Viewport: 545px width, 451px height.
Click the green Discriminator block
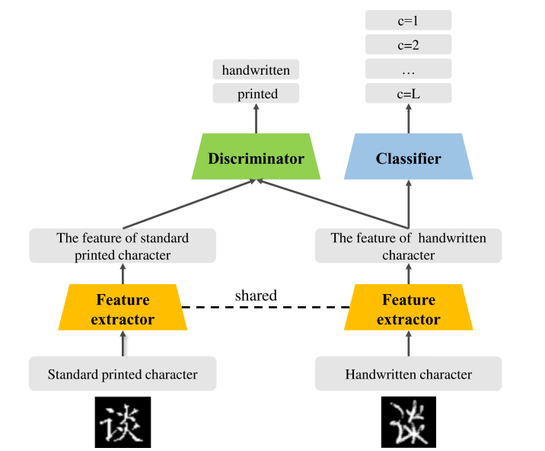click(x=256, y=158)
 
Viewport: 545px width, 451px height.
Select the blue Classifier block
click(x=408, y=158)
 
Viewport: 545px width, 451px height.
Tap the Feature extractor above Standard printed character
click(x=123, y=309)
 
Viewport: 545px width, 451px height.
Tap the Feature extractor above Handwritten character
click(x=409, y=309)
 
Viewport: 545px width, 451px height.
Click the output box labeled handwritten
click(x=256, y=70)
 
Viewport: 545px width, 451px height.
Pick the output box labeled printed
click(x=256, y=94)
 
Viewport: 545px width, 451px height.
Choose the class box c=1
click(x=409, y=21)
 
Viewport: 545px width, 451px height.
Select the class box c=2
click(x=409, y=45)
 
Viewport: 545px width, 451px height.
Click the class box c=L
click(x=409, y=94)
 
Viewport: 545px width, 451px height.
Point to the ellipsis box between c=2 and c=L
click(x=409, y=70)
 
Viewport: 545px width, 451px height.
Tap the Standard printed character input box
click(x=123, y=374)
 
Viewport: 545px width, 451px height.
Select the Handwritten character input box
click(x=409, y=374)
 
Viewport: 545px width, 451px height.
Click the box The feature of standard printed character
click(x=123, y=246)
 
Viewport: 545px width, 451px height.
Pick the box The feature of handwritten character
click(x=409, y=246)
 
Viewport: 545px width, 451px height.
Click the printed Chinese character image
click(x=123, y=422)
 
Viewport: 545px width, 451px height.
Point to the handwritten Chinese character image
click(x=409, y=422)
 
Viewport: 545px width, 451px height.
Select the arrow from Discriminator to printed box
click(x=256, y=119)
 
